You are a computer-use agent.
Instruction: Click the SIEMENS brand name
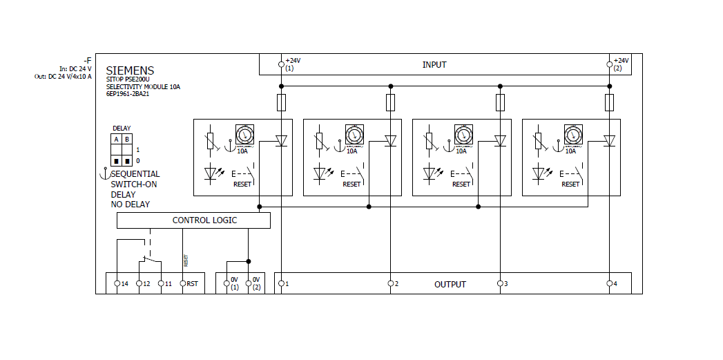tap(130, 70)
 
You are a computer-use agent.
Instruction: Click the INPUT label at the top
tap(434, 65)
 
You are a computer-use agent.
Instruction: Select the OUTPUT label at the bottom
tap(450, 284)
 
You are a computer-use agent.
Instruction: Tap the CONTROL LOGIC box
tap(193, 220)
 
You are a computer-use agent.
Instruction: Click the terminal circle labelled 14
tap(117, 283)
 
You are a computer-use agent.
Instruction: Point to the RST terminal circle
tap(183, 283)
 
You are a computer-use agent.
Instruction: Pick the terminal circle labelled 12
tap(139, 283)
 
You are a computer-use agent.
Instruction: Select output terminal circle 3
tap(499, 283)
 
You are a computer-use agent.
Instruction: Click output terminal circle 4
tap(609, 283)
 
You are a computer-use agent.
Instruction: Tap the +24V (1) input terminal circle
tap(281, 64)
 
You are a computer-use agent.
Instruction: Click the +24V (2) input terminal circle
tap(609, 64)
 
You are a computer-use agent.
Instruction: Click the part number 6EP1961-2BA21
tap(128, 94)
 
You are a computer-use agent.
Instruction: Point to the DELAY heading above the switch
tap(122, 129)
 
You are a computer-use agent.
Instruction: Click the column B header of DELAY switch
tap(126, 139)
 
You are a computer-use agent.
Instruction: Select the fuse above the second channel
tap(391, 103)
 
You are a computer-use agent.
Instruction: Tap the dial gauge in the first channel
tap(244, 134)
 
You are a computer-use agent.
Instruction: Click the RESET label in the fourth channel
tap(570, 184)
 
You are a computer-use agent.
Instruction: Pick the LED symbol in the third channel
tap(430, 173)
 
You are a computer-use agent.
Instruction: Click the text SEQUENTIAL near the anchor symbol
tap(135, 174)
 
